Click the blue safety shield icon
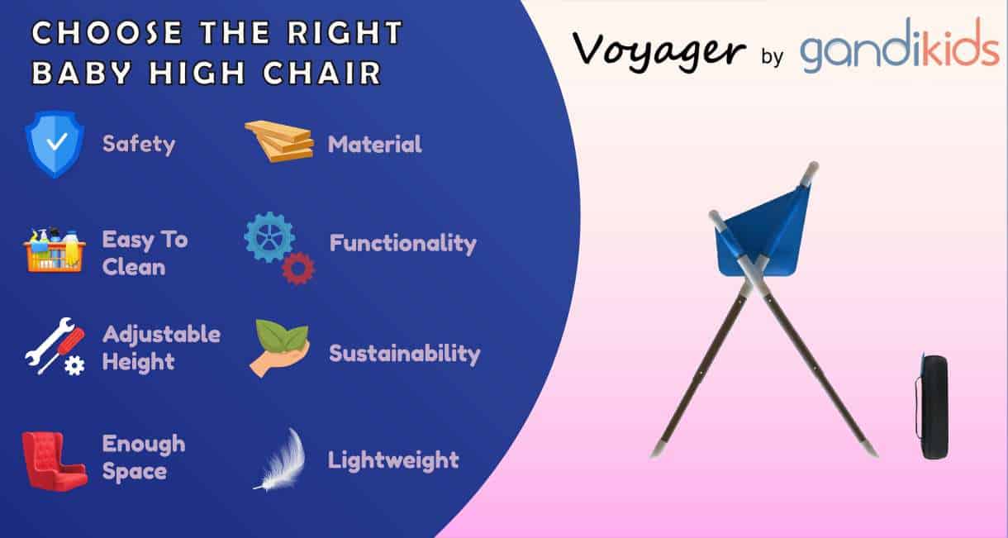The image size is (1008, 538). (55, 144)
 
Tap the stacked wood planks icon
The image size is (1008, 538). (280, 141)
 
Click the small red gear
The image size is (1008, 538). (298, 269)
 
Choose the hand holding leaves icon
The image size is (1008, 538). (279, 348)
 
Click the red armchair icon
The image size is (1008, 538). (54, 459)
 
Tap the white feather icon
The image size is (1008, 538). (281, 459)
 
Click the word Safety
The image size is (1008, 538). (139, 145)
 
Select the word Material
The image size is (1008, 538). (374, 145)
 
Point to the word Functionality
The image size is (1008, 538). (403, 244)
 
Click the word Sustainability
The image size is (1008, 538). (405, 354)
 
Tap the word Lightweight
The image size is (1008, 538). (393, 460)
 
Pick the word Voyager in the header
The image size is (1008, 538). (659, 51)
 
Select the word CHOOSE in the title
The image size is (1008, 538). (92, 33)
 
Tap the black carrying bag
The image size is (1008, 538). (934, 406)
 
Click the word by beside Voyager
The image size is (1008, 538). (772, 58)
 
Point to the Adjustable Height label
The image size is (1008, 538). (161, 348)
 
